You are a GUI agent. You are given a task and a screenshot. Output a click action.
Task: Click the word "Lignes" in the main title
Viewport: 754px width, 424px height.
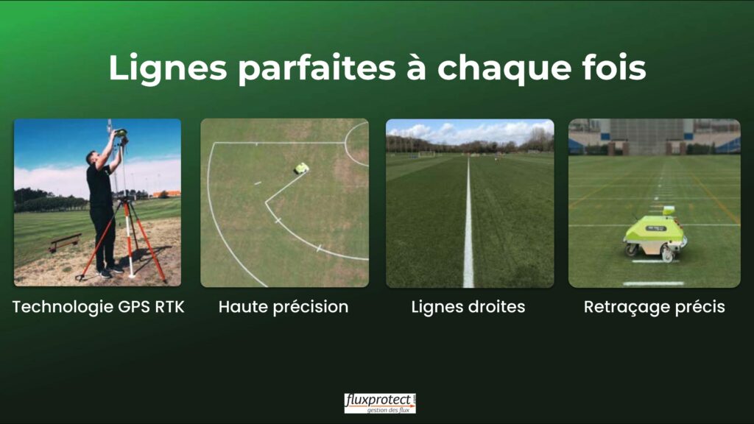(x=167, y=68)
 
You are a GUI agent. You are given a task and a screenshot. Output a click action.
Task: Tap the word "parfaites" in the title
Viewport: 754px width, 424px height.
(x=317, y=68)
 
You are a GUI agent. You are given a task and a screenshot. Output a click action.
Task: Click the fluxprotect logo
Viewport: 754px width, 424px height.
(x=380, y=403)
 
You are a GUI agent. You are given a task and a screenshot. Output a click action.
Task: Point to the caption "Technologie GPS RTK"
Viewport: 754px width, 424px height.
(x=98, y=307)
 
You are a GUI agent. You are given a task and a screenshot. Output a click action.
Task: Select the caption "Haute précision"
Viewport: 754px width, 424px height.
(x=283, y=307)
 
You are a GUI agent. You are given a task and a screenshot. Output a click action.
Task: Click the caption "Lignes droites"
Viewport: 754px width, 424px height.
(x=468, y=307)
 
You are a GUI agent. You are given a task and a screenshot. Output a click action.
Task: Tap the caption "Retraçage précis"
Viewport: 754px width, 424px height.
(x=654, y=307)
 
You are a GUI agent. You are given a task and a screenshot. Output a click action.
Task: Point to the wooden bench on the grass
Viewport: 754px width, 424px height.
(x=65, y=241)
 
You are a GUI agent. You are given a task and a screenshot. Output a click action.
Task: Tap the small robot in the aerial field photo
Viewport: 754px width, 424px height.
(x=301, y=168)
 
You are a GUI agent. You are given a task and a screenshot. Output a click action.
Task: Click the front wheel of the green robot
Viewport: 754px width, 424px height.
(x=668, y=255)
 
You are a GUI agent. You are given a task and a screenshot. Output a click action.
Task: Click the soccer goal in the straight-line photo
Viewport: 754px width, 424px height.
(x=426, y=154)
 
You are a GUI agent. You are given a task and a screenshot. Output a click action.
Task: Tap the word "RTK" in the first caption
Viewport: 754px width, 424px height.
(x=169, y=307)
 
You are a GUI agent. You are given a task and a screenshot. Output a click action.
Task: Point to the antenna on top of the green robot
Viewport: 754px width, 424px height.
(x=668, y=211)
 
